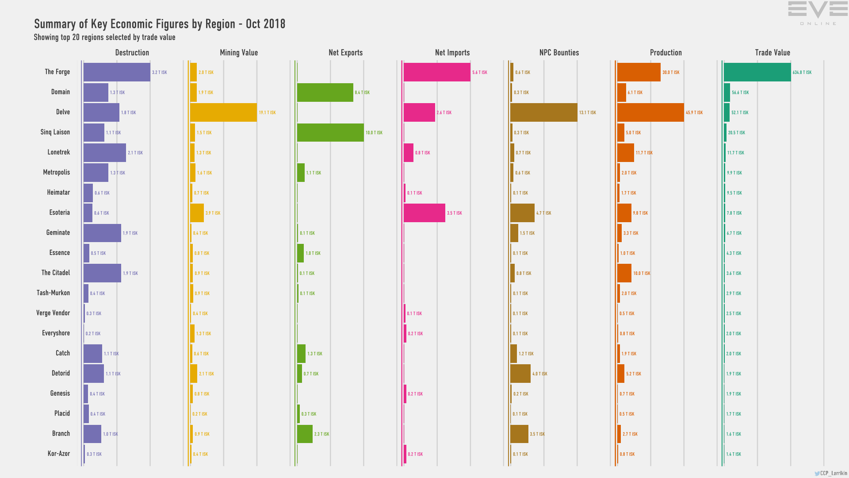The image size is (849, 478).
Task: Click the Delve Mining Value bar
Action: coord(223,112)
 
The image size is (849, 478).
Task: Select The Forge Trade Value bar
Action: coord(757,72)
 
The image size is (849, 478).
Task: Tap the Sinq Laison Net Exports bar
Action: coord(330,133)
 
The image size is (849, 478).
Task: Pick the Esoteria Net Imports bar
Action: coord(424,213)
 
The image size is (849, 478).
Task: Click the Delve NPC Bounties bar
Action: coord(543,112)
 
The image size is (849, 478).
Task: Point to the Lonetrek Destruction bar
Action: coord(105,153)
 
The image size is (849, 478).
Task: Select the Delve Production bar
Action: coord(650,112)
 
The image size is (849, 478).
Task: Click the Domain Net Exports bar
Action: coord(325,93)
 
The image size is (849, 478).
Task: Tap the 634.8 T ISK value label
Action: coord(802,73)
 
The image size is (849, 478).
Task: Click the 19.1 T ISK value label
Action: coord(267,113)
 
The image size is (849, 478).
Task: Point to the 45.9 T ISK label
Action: coord(694,113)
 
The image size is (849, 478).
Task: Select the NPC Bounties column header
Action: coord(559,53)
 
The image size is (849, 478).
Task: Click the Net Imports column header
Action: coord(452,53)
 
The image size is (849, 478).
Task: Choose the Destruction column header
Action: coord(132,53)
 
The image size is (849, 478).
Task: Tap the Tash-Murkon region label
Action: coord(53,293)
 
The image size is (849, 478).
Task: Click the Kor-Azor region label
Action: coord(59,454)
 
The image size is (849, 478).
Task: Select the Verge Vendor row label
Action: coord(53,313)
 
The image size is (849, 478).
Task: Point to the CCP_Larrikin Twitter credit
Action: coord(831,473)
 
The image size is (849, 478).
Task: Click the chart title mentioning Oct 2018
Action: coord(160,24)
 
